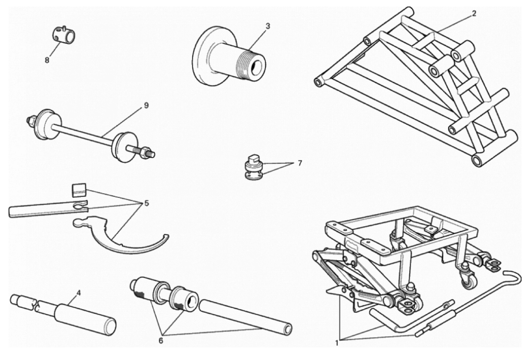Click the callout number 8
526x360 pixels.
tap(47, 60)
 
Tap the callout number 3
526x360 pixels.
tap(268, 26)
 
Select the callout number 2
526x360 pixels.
tap(474, 14)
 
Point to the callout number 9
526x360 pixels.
tap(146, 106)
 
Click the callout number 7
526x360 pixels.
tap(300, 163)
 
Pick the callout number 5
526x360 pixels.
tap(147, 203)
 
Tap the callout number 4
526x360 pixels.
tap(79, 293)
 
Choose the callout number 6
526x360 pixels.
tap(161, 341)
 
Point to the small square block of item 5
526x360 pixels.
tap(79, 191)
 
